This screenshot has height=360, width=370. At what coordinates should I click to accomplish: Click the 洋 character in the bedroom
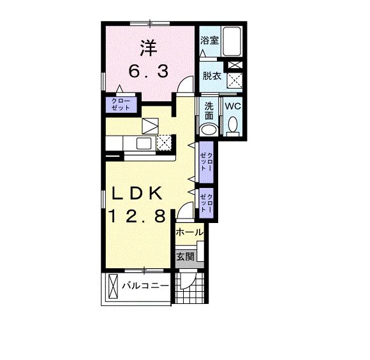[149, 48]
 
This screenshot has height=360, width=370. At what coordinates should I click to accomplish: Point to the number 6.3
[149, 72]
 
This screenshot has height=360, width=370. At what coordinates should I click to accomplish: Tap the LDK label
[139, 193]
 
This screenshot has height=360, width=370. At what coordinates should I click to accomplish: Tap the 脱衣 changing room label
[211, 76]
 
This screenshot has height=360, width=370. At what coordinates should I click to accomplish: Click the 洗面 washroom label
[209, 110]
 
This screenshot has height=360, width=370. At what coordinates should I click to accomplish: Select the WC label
[232, 106]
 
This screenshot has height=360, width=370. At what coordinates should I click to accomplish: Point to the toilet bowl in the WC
[232, 125]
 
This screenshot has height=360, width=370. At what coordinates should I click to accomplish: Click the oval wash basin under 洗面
[209, 129]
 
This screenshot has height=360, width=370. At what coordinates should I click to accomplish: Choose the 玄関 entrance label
[186, 257]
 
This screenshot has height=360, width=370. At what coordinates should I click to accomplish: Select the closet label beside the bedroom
[121, 104]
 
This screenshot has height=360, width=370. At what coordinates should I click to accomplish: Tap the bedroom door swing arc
[185, 84]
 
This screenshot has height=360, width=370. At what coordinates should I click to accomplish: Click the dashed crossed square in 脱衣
[235, 81]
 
